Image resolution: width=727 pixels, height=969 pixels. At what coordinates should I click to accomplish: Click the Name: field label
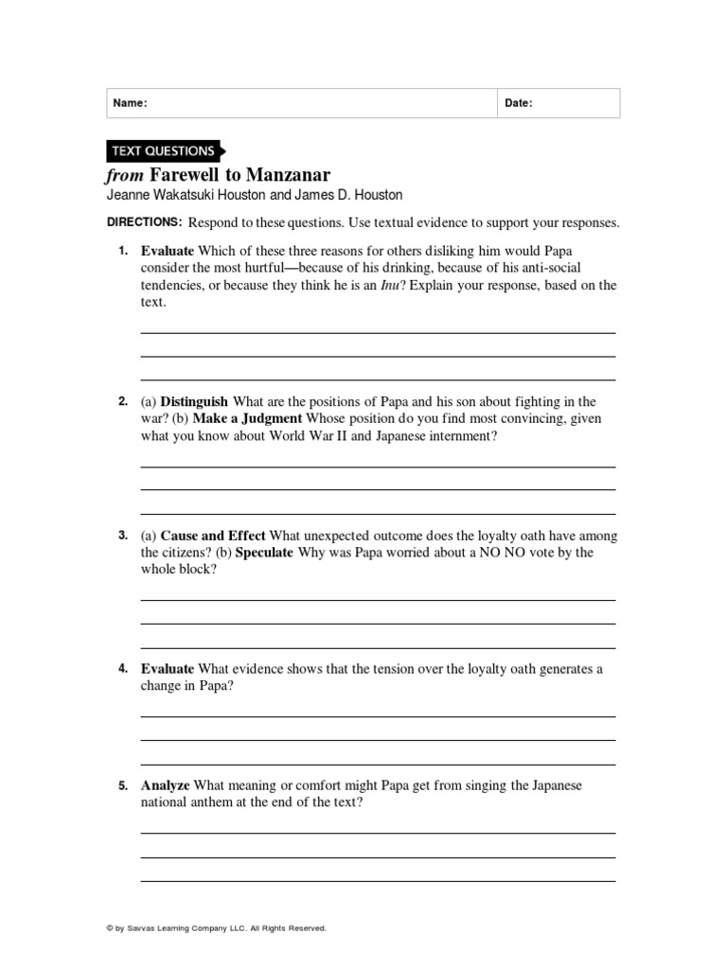[130, 103]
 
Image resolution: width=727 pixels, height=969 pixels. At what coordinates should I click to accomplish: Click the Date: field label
[518, 103]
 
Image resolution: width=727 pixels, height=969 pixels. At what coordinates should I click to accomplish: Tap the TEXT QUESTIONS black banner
[163, 150]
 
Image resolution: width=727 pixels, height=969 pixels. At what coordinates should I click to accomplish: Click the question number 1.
[123, 251]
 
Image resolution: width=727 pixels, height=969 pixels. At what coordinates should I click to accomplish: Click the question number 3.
[123, 536]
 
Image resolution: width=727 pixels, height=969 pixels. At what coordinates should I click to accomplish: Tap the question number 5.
[123, 785]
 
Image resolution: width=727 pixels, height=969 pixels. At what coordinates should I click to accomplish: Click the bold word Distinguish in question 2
[194, 402]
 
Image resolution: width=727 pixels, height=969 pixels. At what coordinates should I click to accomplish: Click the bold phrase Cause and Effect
[213, 536]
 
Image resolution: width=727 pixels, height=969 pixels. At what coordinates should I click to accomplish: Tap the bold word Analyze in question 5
[165, 785]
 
